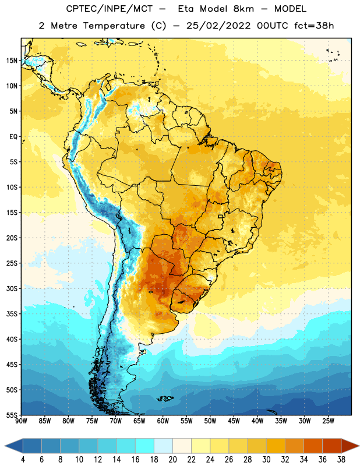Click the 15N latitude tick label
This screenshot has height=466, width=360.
pos(12,61)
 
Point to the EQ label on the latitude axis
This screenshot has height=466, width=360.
pos(13,137)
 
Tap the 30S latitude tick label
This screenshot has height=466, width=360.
pos(12,288)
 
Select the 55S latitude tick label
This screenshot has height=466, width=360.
pos(12,415)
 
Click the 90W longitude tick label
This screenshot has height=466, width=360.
pos(21,421)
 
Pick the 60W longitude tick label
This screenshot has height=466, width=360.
pos(163,421)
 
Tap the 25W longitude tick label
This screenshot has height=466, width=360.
pos(328,421)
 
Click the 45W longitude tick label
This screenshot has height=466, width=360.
pos(234,421)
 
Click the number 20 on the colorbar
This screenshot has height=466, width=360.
pos(172,460)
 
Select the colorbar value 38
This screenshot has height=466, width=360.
pos(341,460)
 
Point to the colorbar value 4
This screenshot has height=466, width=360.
pos(23,460)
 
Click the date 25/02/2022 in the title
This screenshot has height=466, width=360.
pos(218,26)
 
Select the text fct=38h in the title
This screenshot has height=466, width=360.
pos(314,26)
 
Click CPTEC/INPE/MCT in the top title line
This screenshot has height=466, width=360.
pos(110,9)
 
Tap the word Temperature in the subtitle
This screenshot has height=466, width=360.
pos(114,26)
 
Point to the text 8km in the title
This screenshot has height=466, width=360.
pos(243,9)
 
